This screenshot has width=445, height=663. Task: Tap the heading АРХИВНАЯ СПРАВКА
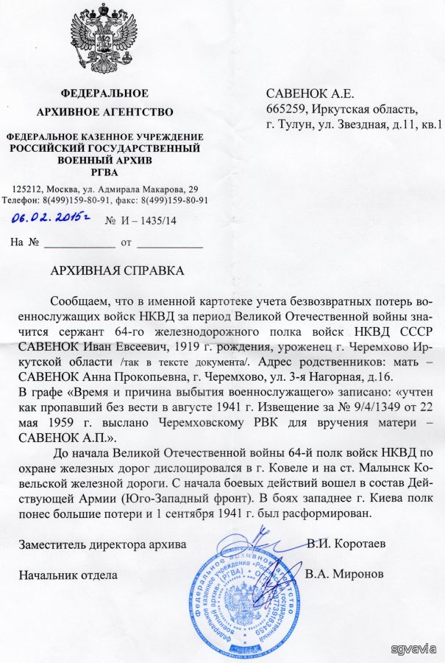(117, 270)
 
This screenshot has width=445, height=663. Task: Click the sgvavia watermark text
(415, 648)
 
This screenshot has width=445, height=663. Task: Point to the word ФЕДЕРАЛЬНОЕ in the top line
(104, 94)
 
